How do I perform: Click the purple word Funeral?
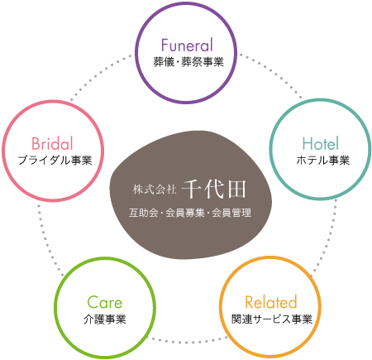click(x=187, y=46)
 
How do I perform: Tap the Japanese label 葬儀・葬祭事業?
click(x=188, y=62)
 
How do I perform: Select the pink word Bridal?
click(x=52, y=143)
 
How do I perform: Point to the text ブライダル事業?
click(x=55, y=161)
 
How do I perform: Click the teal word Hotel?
click(x=320, y=143)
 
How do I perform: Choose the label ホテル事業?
click(x=323, y=161)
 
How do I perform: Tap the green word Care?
click(x=105, y=302)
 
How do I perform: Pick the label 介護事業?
click(x=105, y=319)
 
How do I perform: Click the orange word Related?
click(x=271, y=302)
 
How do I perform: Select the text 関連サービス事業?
click(x=271, y=319)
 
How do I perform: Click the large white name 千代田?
click(x=214, y=190)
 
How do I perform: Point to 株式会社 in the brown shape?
click(x=155, y=190)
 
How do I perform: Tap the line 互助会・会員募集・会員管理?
click(x=190, y=213)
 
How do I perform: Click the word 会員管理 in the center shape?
click(x=231, y=213)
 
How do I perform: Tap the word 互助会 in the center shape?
click(x=143, y=213)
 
